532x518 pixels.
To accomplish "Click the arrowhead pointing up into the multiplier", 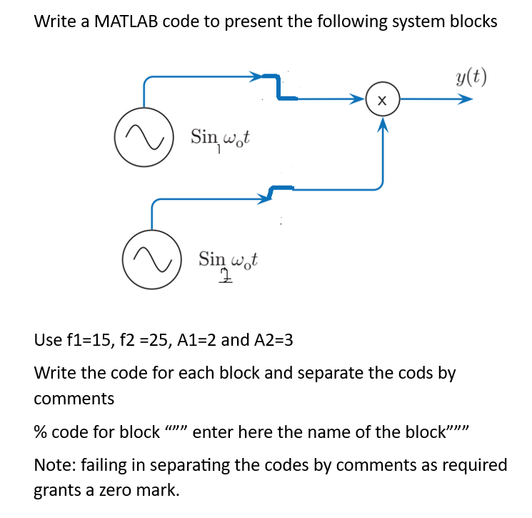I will (383, 125).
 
